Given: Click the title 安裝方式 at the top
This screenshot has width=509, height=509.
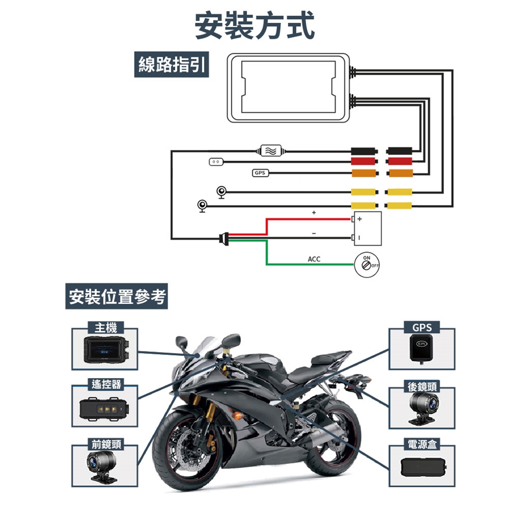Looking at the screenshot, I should click(x=254, y=25).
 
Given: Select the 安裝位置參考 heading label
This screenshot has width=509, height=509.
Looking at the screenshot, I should click(x=115, y=297).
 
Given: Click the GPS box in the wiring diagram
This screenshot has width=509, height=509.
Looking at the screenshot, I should click(x=260, y=173).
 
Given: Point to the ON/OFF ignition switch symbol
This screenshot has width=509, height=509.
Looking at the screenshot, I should click(x=365, y=263).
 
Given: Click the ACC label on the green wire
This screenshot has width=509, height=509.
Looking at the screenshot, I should click(x=314, y=259).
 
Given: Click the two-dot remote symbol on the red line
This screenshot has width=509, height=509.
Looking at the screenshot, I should click(x=216, y=161).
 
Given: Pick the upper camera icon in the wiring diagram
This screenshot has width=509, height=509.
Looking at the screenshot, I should click(x=222, y=191).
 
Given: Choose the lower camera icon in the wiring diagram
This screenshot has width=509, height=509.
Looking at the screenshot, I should click(x=202, y=206).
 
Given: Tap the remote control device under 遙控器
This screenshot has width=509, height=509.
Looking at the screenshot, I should click(x=104, y=409).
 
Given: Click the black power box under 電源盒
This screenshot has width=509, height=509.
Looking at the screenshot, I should click(x=422, y=468).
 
